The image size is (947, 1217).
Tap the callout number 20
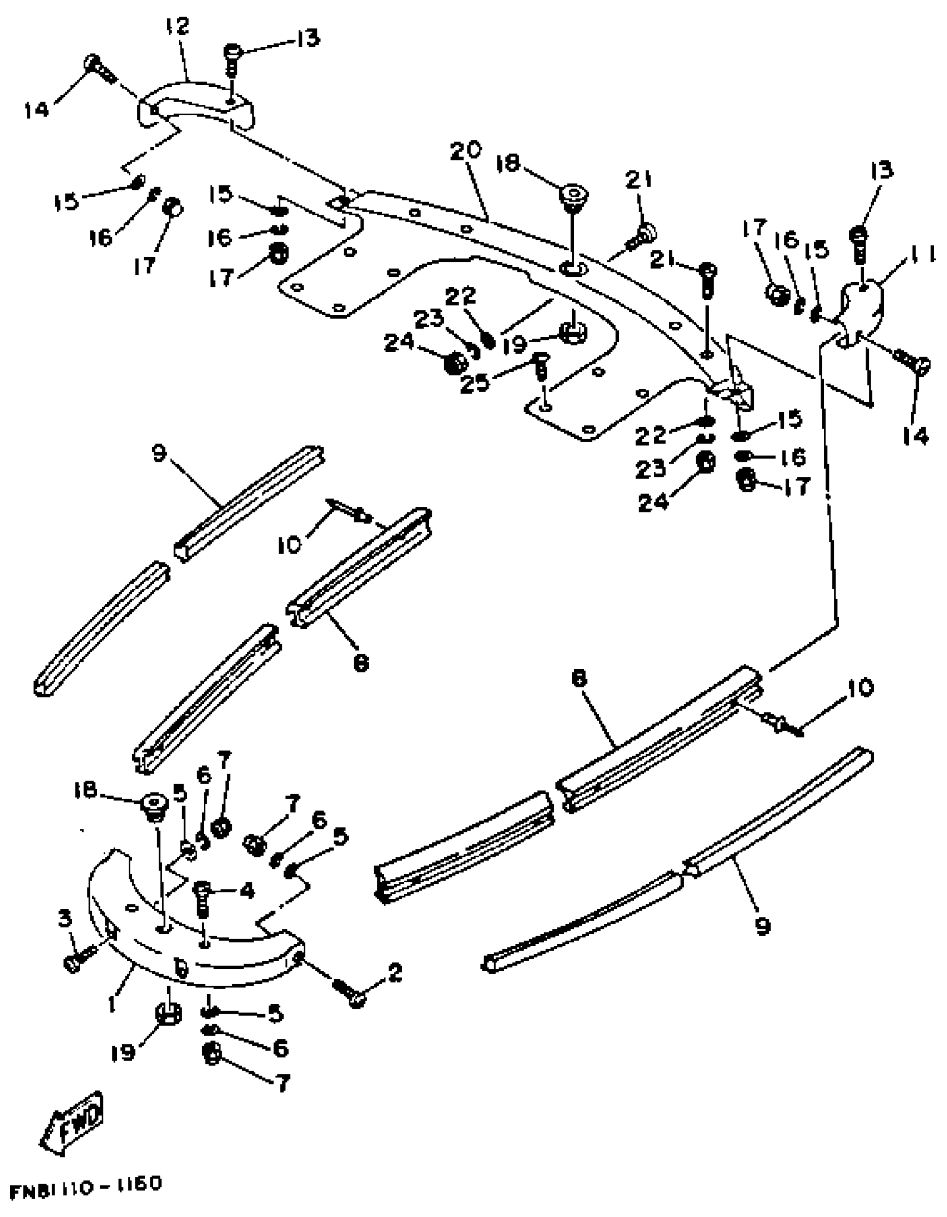coord(466,151)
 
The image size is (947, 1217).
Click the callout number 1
coord(113,1004)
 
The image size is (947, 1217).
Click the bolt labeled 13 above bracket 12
coord(232,60)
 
